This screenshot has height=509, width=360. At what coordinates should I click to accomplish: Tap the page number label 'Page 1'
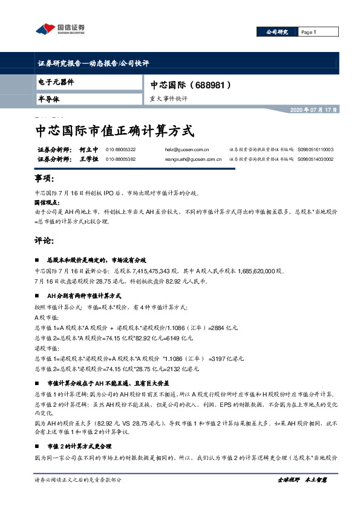[x=309, y=32]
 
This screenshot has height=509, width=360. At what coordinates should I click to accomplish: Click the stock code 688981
[x=211, y=85]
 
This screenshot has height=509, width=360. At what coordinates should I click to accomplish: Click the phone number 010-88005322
[x=120, y=149]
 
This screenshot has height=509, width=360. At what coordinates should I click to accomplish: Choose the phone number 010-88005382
[x=120, y=159]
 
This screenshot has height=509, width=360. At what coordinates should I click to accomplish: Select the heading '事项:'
[x=45, y=180]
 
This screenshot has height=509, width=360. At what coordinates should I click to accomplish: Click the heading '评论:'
[x=45, y=240]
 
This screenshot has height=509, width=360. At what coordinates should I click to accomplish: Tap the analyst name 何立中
[x=89, y=149]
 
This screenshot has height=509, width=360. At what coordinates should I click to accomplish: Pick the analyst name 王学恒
[x=89, y=159]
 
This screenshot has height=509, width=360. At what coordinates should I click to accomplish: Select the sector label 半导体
[x=48, y=98]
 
